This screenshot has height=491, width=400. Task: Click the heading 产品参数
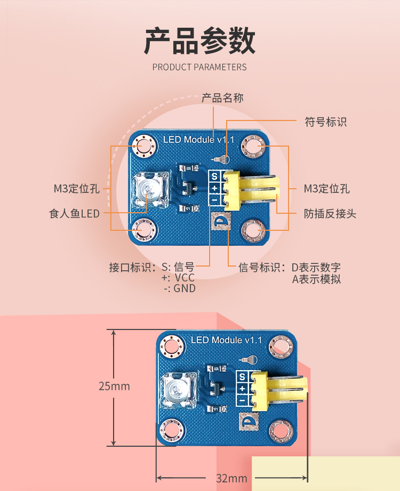(x=200, y=41)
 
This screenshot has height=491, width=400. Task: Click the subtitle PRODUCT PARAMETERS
(x=199, y=67)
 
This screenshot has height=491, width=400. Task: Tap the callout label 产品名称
(x=222, y=98)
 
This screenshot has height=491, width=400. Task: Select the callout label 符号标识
(x=326, y=122)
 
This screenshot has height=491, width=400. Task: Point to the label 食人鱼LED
(x=74, y=214)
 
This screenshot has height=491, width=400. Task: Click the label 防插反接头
(x=330, y=214)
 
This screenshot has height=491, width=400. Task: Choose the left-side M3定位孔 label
(x=77, y=189)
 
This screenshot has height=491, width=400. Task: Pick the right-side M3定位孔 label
(x=327, y=189)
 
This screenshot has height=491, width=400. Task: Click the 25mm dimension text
(x=114, y=386)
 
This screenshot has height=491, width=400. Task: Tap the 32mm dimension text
(x=231, y=478)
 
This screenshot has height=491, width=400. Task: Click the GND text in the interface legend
(x=185, y=288)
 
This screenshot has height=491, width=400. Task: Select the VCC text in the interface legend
(x=185, y=277)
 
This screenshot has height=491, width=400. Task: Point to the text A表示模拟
(x=316, y=279)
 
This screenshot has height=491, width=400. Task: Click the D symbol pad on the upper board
(x=221, y=222)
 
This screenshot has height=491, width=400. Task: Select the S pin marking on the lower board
(x=242, y=377)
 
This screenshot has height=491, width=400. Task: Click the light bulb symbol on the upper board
(x=221, y=159)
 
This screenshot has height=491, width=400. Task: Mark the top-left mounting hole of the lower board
(x=172, y=347)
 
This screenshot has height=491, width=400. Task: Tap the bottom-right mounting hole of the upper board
(x=254, y=231)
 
